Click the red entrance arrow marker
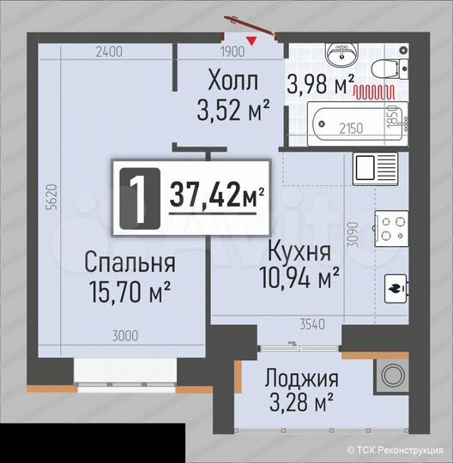coord(251,39)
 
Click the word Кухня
coord(299,251)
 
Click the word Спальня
coord(130,262)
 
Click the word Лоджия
coord(301,379)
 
